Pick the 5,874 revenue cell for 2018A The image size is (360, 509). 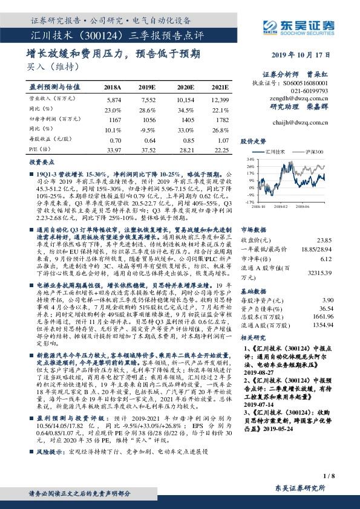(114, 98)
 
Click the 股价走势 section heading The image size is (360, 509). (254, 140)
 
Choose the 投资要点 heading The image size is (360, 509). (41, 163)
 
